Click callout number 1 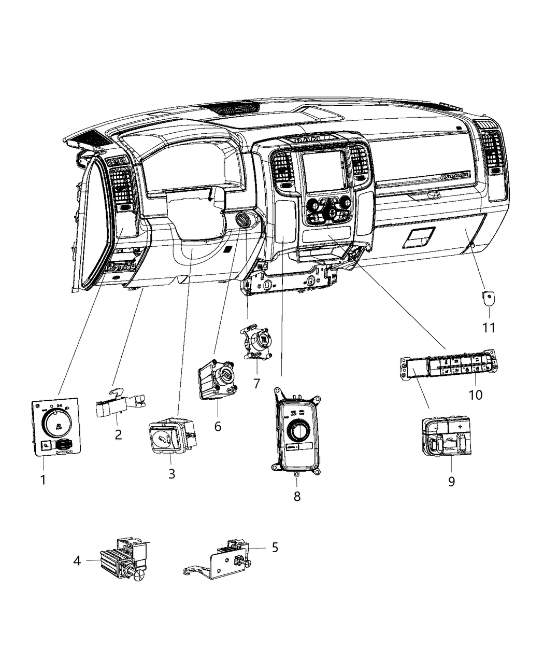pos(43,480)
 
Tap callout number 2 pos(118,434)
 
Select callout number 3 pos(171,473)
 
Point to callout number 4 pos(77,560)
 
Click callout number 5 pos(275,547)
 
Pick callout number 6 pos(218,426)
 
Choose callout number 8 pos(297,496)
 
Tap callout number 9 pos(451,481)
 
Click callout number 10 pos(475,395)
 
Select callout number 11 pos(489,328)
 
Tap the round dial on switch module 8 pos(298,430)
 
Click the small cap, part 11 pos(489,299)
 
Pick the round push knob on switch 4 pos(140,574)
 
